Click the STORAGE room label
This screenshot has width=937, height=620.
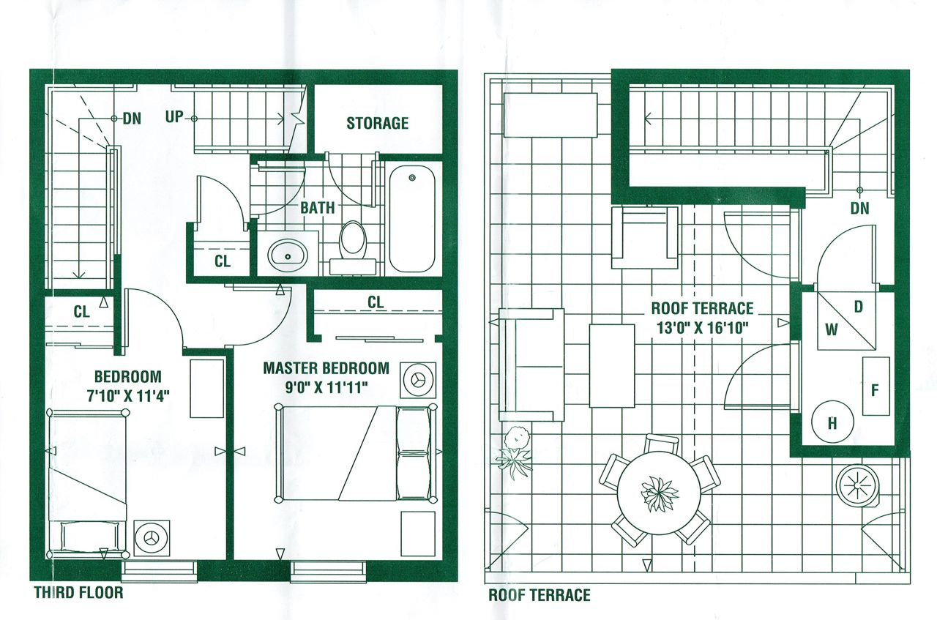coord(377,123)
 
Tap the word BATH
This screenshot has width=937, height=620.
coord(318,207)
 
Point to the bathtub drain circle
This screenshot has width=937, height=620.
coord(412,178)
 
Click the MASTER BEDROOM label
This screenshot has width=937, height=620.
coord(326,368)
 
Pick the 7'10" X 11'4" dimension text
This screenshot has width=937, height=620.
coord(128,396)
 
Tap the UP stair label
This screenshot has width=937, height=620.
coord(174,116)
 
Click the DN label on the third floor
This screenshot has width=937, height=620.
coord(132,119)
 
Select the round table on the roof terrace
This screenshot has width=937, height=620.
coord(660,493)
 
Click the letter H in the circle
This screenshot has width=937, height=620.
coord(832,424)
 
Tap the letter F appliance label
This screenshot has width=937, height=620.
coord(875,390)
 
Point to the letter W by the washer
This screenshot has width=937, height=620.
coord(831,330)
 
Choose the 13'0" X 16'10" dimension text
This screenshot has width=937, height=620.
coord(702,328)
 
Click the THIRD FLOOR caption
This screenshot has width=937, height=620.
coord(78,592)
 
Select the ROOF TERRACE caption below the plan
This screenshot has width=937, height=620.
coord(540,595)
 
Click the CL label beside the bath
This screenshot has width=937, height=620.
coord(223,261)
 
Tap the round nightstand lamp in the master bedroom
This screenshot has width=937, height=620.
coord(417,380)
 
